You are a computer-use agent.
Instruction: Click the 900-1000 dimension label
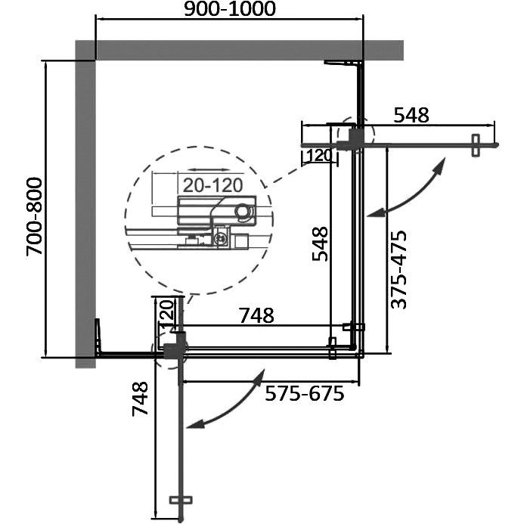pyautogui.click(x=230, y=9)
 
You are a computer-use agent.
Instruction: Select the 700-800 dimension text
pyautogui.click(x=35, y=217)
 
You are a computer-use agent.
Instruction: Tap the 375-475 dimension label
pyautogui.click(x=398, y=269)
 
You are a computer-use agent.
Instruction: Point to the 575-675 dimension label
pyautogui.click(x=305, y=393)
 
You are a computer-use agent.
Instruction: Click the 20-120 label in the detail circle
pyautogui.click(x=213, y=185)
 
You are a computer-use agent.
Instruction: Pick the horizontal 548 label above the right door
pyautogui.click(x=411, y=115)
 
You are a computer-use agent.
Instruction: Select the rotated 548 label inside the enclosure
pyautogui.click(x=320, y=243)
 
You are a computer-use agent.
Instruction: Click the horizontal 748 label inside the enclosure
pyautogui.click(x=256, y=315)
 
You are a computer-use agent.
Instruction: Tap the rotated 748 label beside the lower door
pyautogui.click(x=140, y=398)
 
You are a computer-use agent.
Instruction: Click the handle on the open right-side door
pyautogui.click(x=476, y=145)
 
